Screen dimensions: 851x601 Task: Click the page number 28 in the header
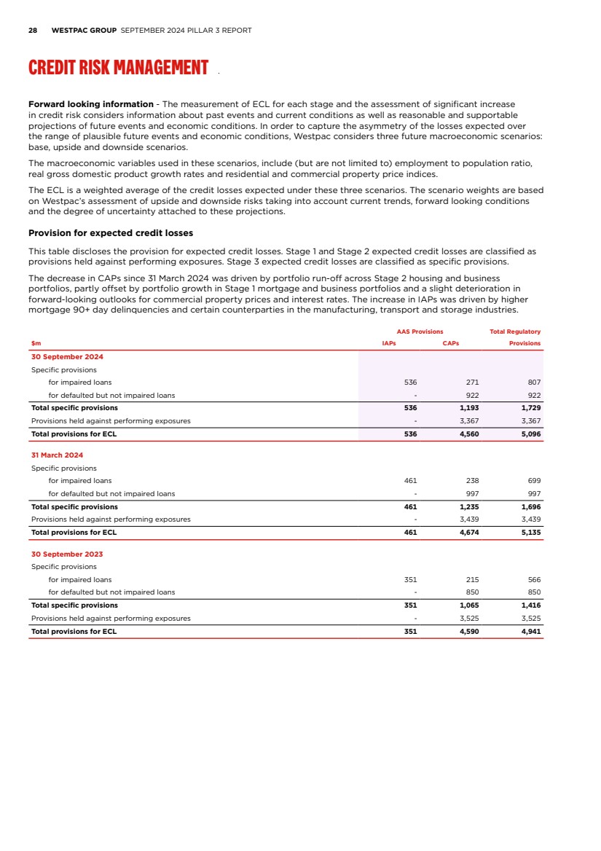33,31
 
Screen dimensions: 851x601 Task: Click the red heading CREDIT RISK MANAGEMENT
118,68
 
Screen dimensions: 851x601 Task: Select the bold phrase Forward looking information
90,104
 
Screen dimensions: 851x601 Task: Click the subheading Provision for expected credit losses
110,233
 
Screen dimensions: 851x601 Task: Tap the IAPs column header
388,343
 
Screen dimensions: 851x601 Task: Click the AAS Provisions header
420,332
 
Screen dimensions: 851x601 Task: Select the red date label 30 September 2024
67,357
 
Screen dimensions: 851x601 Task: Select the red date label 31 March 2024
57,455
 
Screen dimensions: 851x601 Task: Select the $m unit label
36,343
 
